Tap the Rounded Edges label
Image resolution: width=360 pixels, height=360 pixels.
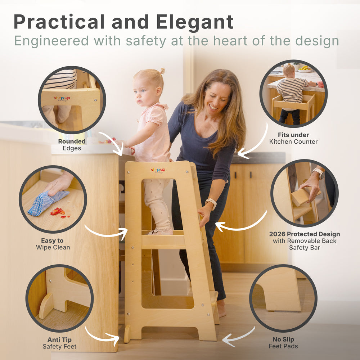[x=72, y=145]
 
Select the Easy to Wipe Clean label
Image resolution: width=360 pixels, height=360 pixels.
[x=53, y=244]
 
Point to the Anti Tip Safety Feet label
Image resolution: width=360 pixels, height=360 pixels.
[x=59, y=343]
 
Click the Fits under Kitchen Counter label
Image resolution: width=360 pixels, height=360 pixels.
[x=293, y=138]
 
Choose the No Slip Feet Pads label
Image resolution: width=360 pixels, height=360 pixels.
[x=283, y=343]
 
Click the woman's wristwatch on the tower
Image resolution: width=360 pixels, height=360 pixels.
[x=211, y=203]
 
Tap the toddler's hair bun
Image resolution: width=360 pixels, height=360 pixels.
[x=162, y=71]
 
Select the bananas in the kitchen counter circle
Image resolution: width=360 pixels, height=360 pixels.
[x=305, y=68]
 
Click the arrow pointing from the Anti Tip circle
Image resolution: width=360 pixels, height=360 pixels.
[x=103, y=336]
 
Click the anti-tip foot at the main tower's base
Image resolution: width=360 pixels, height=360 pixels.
[x=127, y=334]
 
